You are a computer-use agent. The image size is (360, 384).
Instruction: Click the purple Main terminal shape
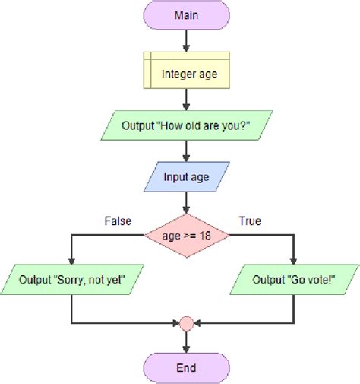(187, 14)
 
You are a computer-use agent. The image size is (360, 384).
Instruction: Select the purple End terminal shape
(187, 368)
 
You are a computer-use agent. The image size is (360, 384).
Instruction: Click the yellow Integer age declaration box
(187, 74)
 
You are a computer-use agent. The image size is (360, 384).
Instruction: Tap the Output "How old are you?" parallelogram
(187, 125)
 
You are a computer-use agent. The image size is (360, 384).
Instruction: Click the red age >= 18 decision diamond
(187, 236)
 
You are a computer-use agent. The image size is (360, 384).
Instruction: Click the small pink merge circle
(187, 323)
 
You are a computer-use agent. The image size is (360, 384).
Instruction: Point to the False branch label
(117, 221)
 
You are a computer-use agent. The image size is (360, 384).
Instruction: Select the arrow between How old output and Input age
(187, 152)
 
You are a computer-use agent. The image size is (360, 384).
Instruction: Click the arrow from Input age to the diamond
(187, 202)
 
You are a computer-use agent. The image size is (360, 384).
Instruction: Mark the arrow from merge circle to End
(187, 342)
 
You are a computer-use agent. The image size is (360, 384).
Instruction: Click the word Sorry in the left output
(71, 279)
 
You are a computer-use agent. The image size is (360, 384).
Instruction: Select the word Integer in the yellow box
(177, 75)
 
